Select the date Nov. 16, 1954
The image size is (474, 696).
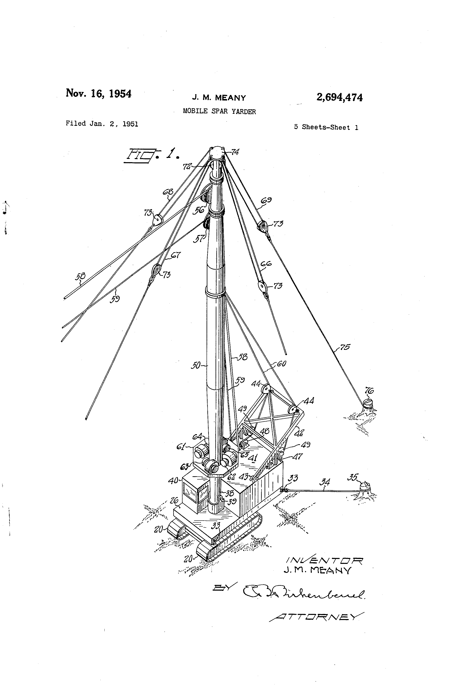click(98, 94)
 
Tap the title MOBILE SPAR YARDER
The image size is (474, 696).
click(219, 112)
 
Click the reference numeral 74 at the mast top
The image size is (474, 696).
click(235, 152)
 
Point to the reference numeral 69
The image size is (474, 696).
click(266, 200)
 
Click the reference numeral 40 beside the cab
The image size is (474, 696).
click(173, 481)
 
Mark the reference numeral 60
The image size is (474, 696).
click(281, 364)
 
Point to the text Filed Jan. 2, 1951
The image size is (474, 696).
click(102, 124)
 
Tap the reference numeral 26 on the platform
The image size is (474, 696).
click(174, 500)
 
